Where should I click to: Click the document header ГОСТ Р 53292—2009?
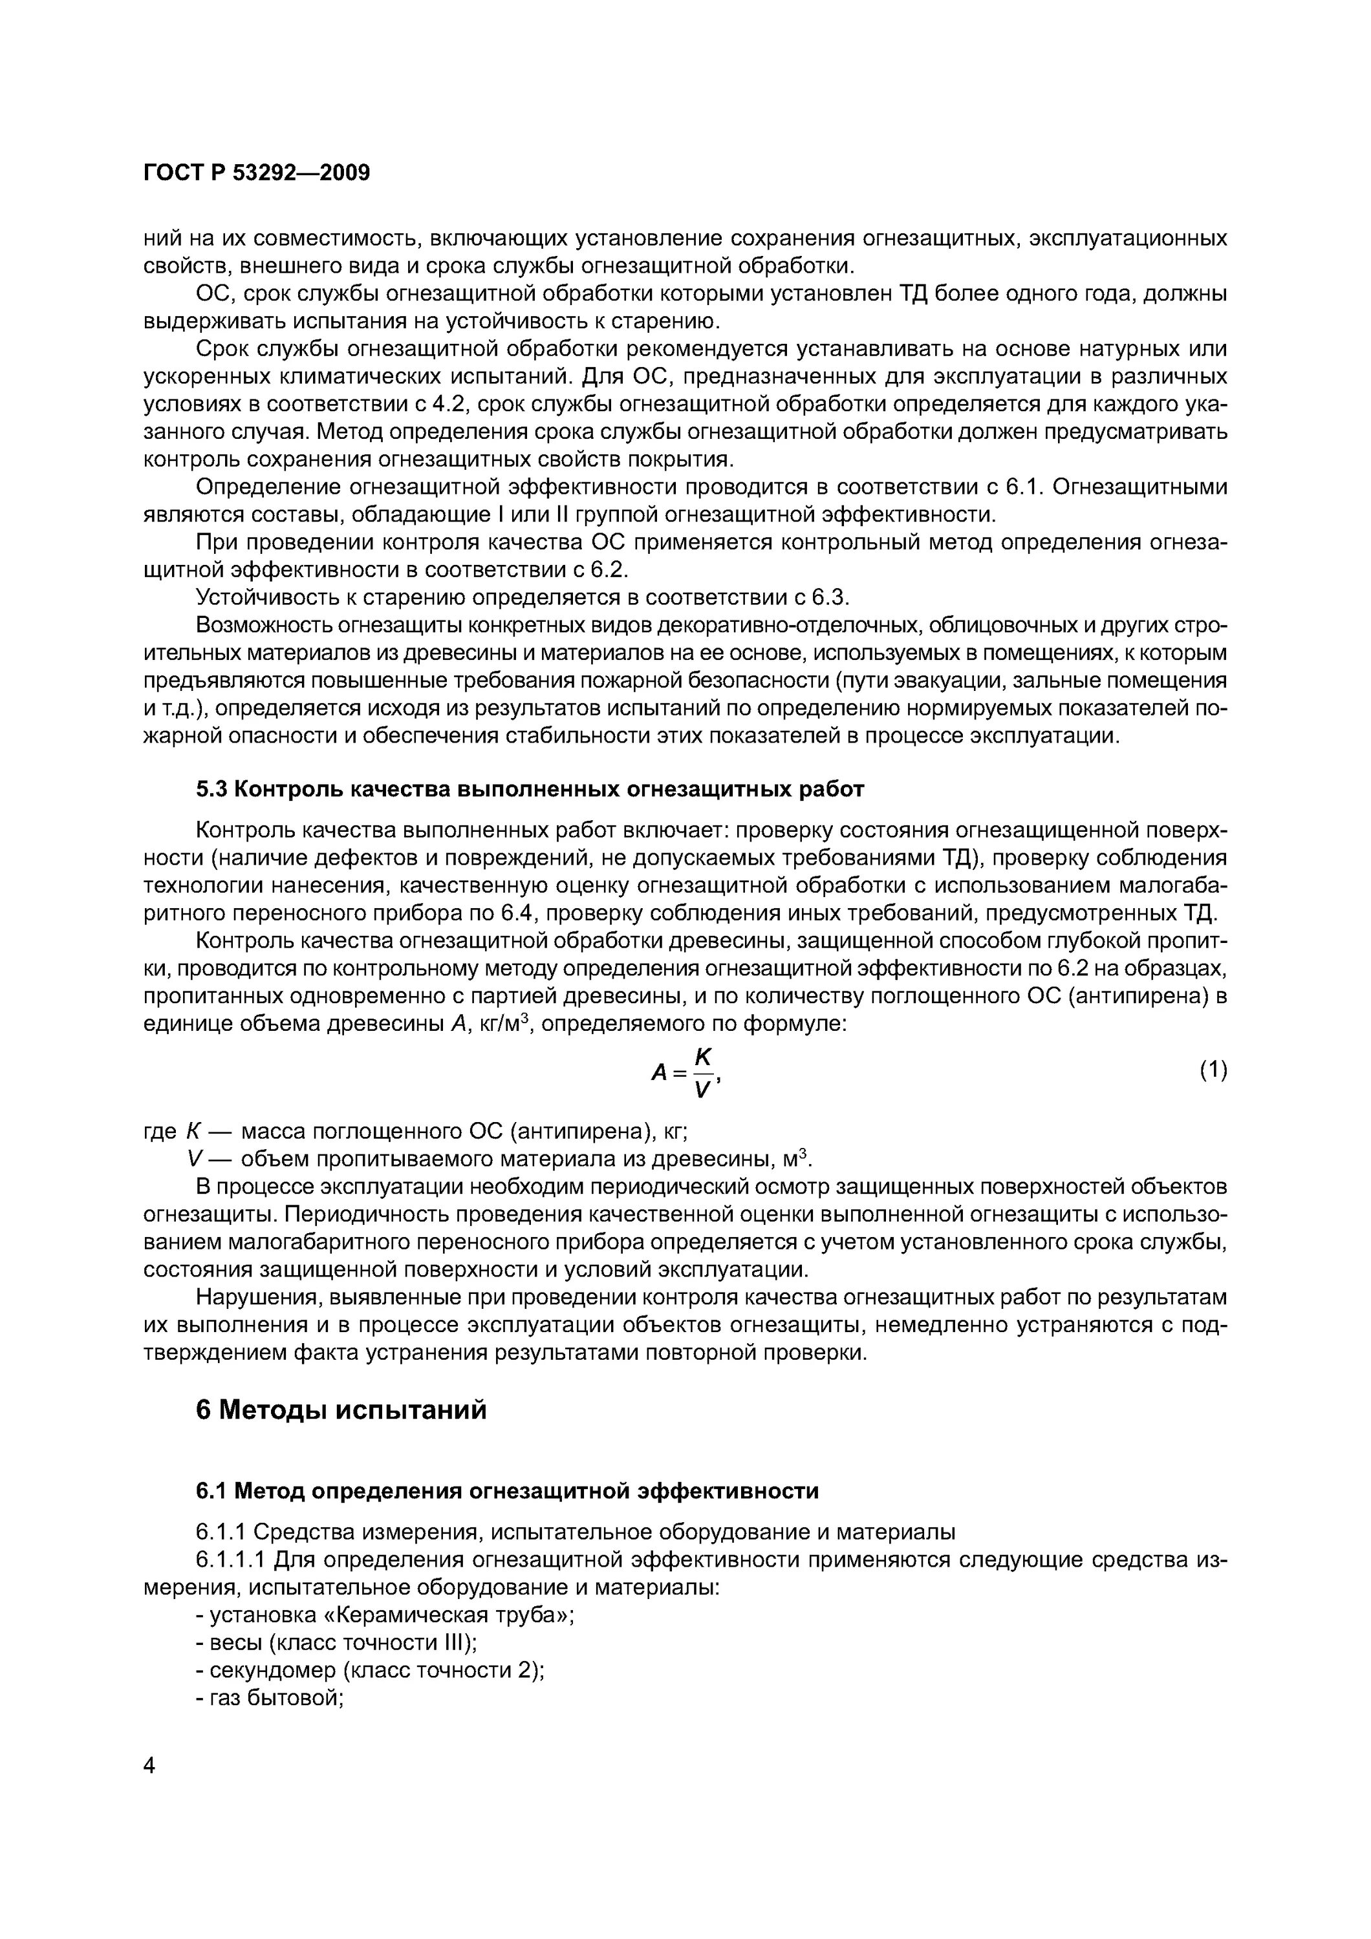pyautogui.click(x=257, y=173)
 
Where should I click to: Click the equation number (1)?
pyautogui.click(x=1213, y=1070)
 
